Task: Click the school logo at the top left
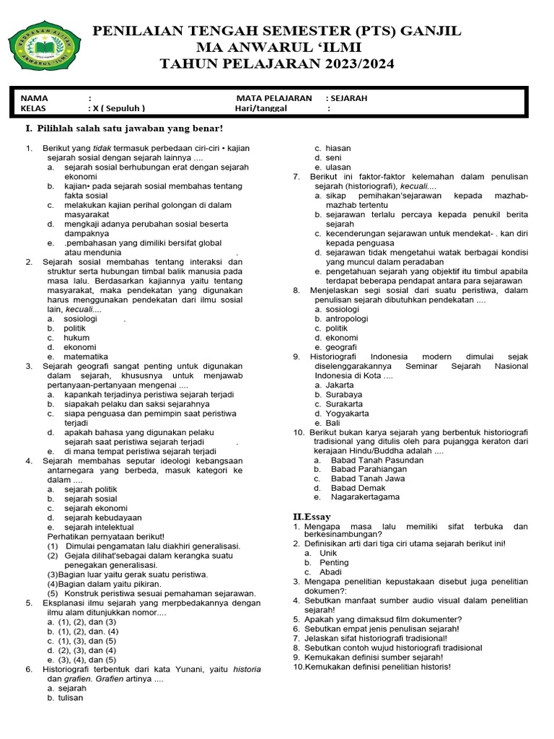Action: [44, 52]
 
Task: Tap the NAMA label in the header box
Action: [34, 98]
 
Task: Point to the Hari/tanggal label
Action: [260, 108]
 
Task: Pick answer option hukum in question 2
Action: [76, 338]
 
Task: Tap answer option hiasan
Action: [338, 148]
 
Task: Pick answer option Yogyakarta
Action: [347, 414]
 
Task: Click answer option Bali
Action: [333, 423]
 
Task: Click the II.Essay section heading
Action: [312, 517]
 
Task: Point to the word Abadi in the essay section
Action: [331, 572]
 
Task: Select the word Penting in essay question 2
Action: [334, 562]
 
